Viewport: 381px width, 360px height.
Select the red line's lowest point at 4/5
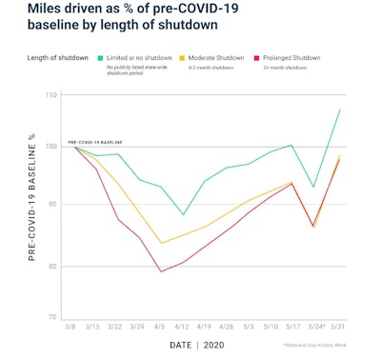tap(161, 271)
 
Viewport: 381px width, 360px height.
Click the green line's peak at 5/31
tap(339, 110)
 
